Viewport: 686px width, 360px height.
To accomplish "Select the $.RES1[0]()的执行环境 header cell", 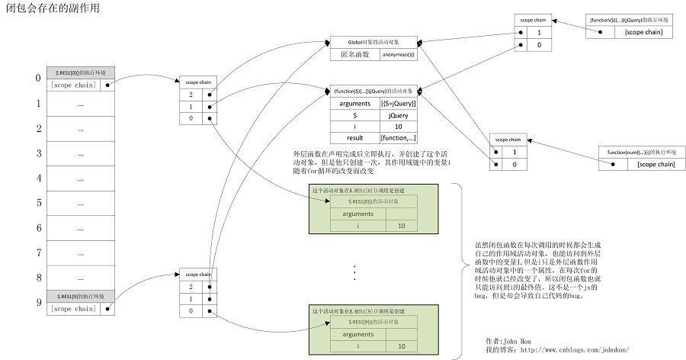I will coord(79,72).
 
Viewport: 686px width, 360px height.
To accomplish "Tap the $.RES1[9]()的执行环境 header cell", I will coord(79,295).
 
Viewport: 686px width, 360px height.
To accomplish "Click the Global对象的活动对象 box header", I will coord(373,41).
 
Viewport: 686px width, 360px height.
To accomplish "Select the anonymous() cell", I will coord(397,54).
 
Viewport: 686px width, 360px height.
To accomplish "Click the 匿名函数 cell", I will coord(354,54).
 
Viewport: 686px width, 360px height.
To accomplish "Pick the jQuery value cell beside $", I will coord(397,114).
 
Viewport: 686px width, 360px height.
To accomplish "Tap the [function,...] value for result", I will coord(397,137).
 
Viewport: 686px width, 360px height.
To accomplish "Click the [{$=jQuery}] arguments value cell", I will coord(397,103).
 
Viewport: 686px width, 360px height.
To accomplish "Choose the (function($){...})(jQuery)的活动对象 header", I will coord(373,91).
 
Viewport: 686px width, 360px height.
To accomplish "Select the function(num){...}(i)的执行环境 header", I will coord(639,151).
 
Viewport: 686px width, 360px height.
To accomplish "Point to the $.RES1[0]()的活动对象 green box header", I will coord(373,201).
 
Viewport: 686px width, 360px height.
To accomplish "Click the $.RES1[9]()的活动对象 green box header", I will coord(373,322).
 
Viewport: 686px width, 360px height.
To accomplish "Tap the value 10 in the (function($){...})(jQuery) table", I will coord(397,126).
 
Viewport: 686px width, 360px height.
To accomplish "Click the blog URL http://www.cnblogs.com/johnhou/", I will coord(575,349).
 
